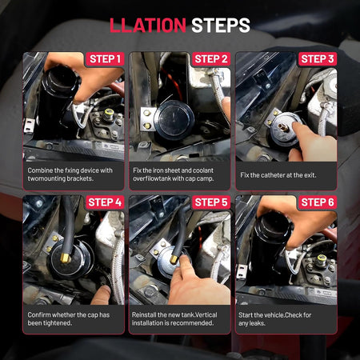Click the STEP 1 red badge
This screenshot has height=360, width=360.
tap(105, 59)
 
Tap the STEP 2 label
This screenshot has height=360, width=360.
tap(211, 59)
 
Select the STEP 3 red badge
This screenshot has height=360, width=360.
tap(318, 59)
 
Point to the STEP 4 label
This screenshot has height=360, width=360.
tap(105, 202)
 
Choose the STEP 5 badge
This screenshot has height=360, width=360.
tap(211, 202)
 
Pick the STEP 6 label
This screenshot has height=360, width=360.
tap(318, 202)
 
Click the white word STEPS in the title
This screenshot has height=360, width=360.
tap(221, 26)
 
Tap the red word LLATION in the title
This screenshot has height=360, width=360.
tap(148, 26)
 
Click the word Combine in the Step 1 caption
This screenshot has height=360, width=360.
tap(40, 170)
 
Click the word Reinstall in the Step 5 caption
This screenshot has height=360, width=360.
tap(144, 315)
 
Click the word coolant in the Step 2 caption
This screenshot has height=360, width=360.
tap(202, 170)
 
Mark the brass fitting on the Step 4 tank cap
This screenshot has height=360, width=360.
tap(65, 258)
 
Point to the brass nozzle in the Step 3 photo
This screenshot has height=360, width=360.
tap(283, 127)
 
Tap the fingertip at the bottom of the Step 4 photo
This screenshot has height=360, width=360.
tap(102, 294)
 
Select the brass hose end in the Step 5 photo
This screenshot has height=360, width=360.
tap(174, 259)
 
